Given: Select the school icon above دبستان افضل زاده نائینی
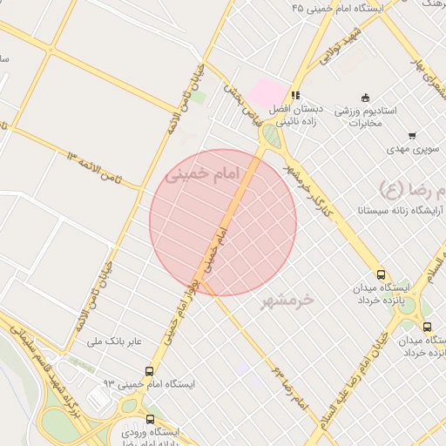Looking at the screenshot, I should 296,95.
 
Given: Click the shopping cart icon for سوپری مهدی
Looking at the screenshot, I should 411,135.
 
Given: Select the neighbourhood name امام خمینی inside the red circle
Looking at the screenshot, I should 201,175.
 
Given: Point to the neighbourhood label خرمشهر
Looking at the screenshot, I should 287,300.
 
